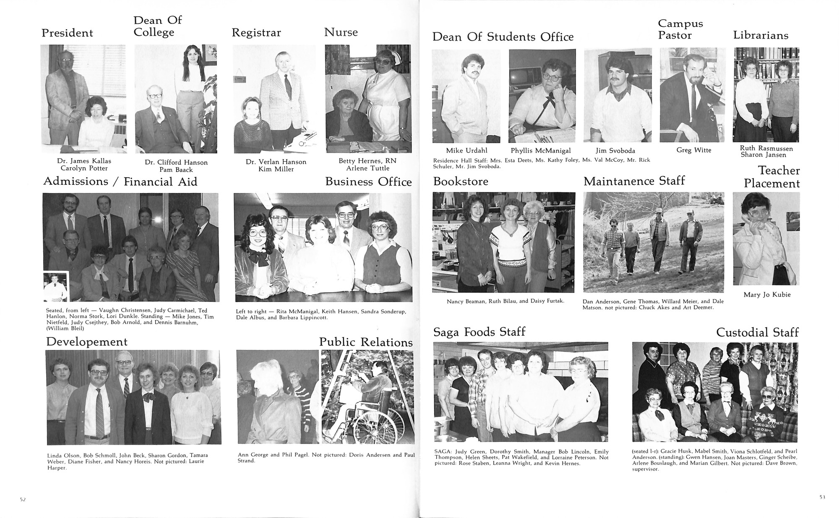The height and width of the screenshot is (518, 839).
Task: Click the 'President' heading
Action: (67, 33)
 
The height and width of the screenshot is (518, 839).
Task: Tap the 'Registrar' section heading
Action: (256, 33)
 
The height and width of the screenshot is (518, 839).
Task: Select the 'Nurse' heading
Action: (341, 32)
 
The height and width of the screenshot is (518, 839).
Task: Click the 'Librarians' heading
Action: (761, 36)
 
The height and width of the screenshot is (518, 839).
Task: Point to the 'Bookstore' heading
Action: (461, 181)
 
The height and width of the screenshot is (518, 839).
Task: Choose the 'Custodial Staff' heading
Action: (757, 332)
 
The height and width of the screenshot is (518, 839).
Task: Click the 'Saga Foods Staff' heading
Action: (479, 332)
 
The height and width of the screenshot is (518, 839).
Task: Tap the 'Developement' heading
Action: (87, 342)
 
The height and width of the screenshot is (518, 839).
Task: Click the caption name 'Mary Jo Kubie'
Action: (767, 295)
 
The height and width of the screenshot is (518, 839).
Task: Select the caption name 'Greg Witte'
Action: (694, 150)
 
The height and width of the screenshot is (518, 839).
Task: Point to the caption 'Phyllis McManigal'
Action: (541, 150)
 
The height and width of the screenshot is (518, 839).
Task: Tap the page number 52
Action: (23, 499)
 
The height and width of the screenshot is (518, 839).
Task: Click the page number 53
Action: (822, 497)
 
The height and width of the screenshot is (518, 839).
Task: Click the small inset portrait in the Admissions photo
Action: (55, 286)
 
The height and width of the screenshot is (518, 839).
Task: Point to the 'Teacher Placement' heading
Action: (772, 177)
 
